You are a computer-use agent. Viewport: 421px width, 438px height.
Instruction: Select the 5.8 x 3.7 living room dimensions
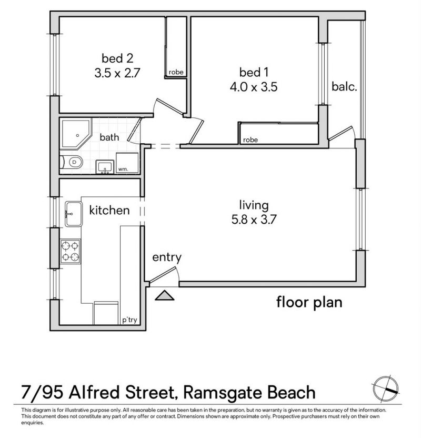pyautogui.click(x=254, y=220)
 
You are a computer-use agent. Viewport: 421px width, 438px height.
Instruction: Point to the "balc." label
pyautogui.click(x=345, y=86)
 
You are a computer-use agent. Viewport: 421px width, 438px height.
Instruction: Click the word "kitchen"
pyautogui.click(x=109, y=211)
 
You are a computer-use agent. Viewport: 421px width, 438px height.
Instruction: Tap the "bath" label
pyautogui.click(x=109, y=137)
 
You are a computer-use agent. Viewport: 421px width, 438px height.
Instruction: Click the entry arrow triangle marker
pyautogui.click(x=165, y=296)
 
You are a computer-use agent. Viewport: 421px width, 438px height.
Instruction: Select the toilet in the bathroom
pyautogui.click(x=71, y=163)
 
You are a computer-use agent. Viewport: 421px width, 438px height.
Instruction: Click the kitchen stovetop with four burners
pyautogui.click(x=71, y=251)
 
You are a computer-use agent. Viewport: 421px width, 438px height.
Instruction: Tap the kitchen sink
pyautogui.click(x=72, y=214)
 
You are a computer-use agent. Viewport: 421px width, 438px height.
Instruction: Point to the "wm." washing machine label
pyautogui.click(x=122, y=170)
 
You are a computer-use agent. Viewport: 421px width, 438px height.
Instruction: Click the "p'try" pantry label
pyautogui.click(x=129, y=319)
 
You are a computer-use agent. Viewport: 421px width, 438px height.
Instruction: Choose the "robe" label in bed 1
pyautogui.click(x=250, y=140)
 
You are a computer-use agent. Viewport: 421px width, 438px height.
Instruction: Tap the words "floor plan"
pyautogui.click(x=309, y=302)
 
